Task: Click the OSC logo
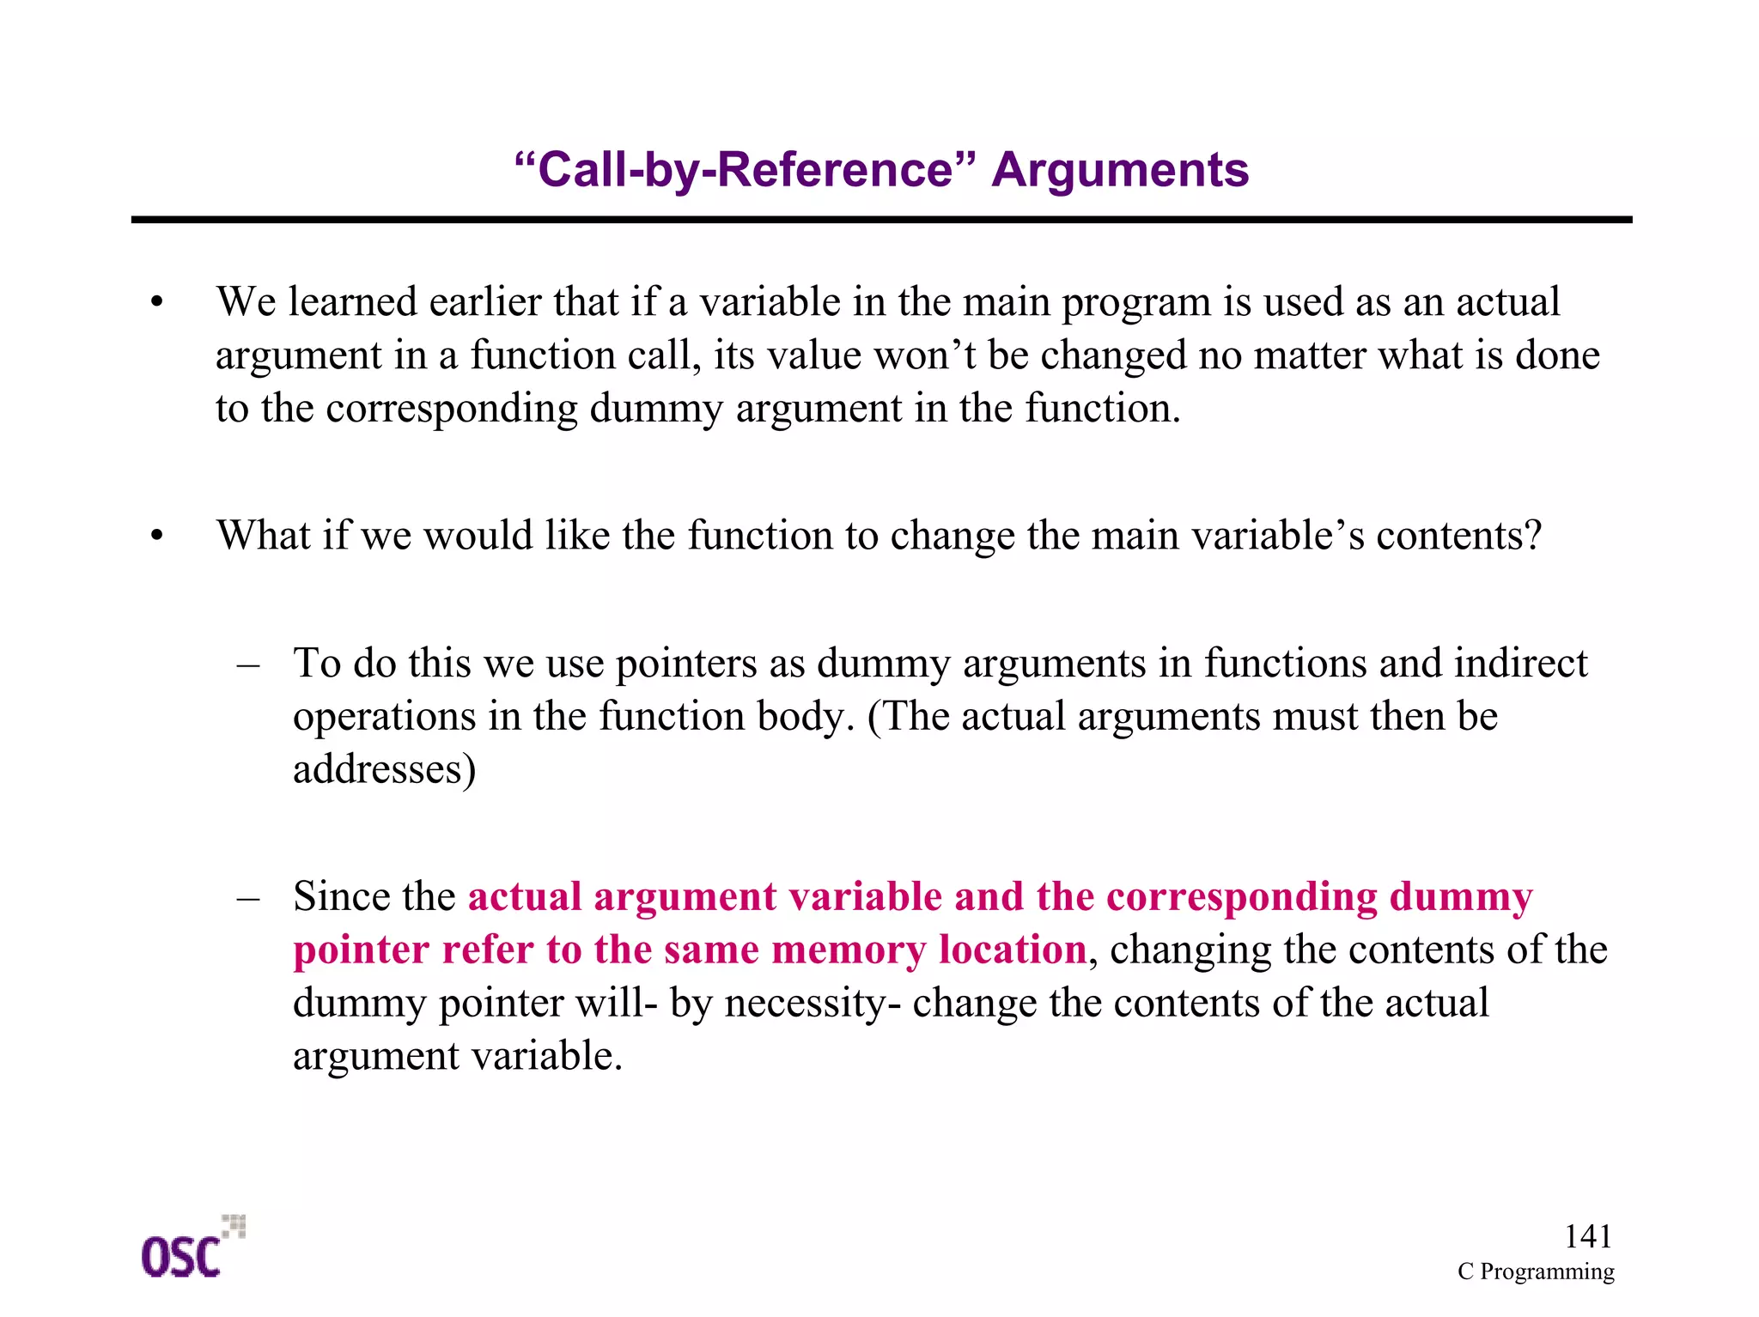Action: pyautogui.click(x=191, y=1250)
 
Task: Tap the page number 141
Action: pyautogui.click(x=1587, y=1236)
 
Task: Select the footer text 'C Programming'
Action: pyautogui.click(x=1535, y=1271)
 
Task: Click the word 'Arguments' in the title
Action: pyautogui.click(x=1120, y=170)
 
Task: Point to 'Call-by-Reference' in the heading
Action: pyautogui.click(x=746, y=170)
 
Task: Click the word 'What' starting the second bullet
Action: pyautogui.click(x=263, y=535)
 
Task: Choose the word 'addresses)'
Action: pyautogui.click(x=384, y=769)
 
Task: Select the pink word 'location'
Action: pyautogui.click(x=1013, y=950)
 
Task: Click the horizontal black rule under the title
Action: pyautogui.click(x=881, y=221)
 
